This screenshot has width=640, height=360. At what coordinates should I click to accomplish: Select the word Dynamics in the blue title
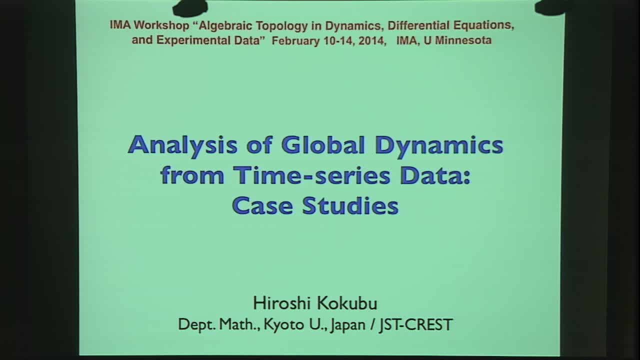tap(438, 145)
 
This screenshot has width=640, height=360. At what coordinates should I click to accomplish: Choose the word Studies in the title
tap(350, 205)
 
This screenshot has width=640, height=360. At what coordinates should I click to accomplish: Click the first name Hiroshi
tap(277, 303)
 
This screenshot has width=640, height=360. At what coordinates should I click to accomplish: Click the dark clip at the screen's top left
tap(190, 7)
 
